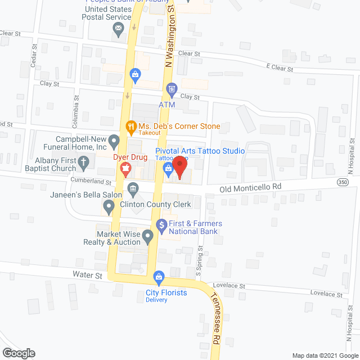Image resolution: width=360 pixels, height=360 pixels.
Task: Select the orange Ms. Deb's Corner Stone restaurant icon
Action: [130, 127]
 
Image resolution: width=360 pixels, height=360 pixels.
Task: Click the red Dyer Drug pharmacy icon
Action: [126, 167]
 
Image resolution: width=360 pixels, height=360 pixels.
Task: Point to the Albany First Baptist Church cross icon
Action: [83, 164]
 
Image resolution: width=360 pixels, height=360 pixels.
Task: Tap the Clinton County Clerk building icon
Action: [133, 188]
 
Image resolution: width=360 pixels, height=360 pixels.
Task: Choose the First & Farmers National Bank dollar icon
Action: [161, 224]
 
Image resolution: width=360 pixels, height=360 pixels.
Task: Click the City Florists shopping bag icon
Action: [159, 277]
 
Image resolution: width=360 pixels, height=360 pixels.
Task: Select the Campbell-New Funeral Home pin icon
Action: [114, 139]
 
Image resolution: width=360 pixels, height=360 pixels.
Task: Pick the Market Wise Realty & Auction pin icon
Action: [147, 236]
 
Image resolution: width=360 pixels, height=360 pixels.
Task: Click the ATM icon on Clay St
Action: [172, 89]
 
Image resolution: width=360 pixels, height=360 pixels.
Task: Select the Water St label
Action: [87, 276]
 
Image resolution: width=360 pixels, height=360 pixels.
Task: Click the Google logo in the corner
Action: [18, 353]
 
